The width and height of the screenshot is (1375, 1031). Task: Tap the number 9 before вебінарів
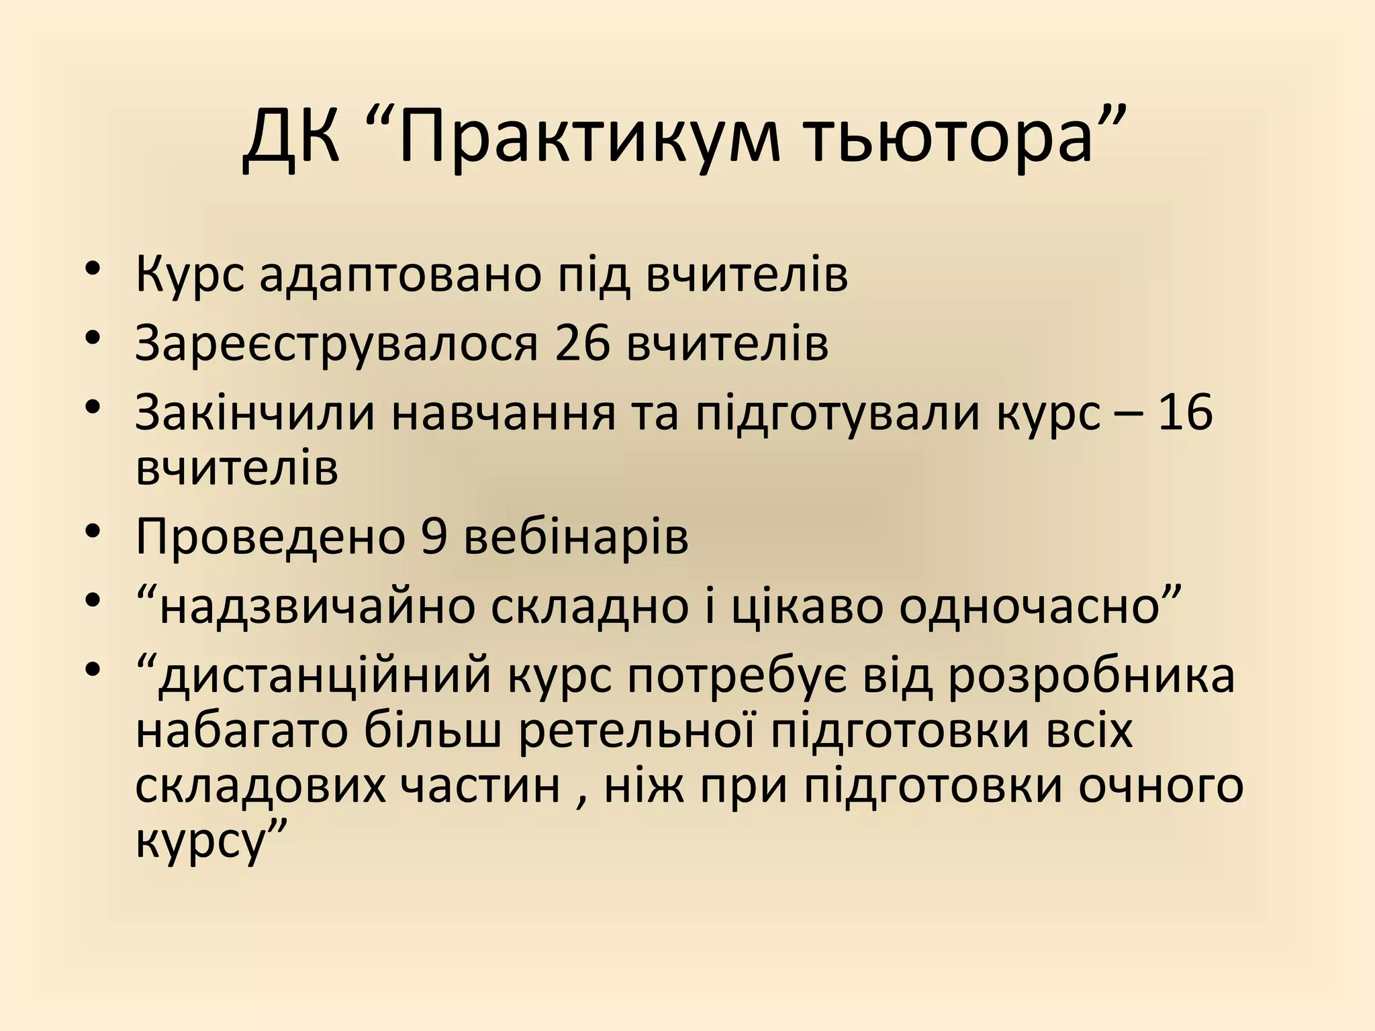[434, 537]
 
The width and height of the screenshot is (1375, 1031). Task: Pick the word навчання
[504, 412]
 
